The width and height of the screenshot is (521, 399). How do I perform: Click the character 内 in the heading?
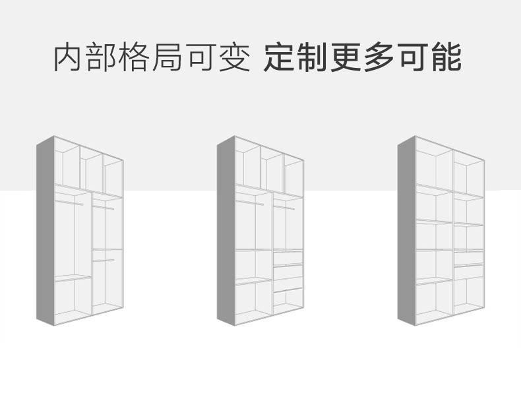pos(69,58)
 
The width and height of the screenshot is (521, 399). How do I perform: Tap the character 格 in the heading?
pos(137,58)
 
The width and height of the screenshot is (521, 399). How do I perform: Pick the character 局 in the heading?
pos(169,58)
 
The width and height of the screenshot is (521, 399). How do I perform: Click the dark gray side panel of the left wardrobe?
pos(45,231)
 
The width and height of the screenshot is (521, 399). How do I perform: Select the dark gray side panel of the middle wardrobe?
pos(226,231)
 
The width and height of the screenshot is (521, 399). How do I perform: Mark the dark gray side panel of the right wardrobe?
pos(406,231)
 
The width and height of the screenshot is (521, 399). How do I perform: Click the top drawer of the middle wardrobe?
pos(288,258)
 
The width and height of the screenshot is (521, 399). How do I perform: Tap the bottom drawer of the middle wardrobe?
pos(288,284)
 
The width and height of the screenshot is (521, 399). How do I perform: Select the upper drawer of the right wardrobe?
pos(468,258)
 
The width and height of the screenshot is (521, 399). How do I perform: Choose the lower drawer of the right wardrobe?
pos(468,271)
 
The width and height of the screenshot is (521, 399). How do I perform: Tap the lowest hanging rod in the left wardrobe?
pos(103,261)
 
